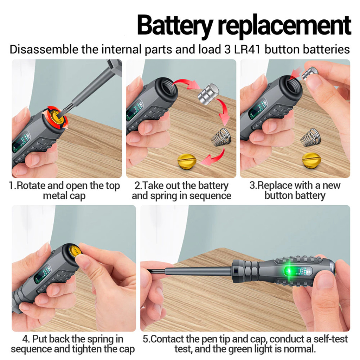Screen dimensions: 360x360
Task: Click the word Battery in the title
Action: pos(174,26)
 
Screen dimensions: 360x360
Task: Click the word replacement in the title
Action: pos(284,26)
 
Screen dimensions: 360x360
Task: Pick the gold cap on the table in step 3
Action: pos(311,160)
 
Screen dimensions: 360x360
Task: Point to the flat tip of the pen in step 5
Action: pos(149,271)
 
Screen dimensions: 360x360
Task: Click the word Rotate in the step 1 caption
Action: pos(31,186)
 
